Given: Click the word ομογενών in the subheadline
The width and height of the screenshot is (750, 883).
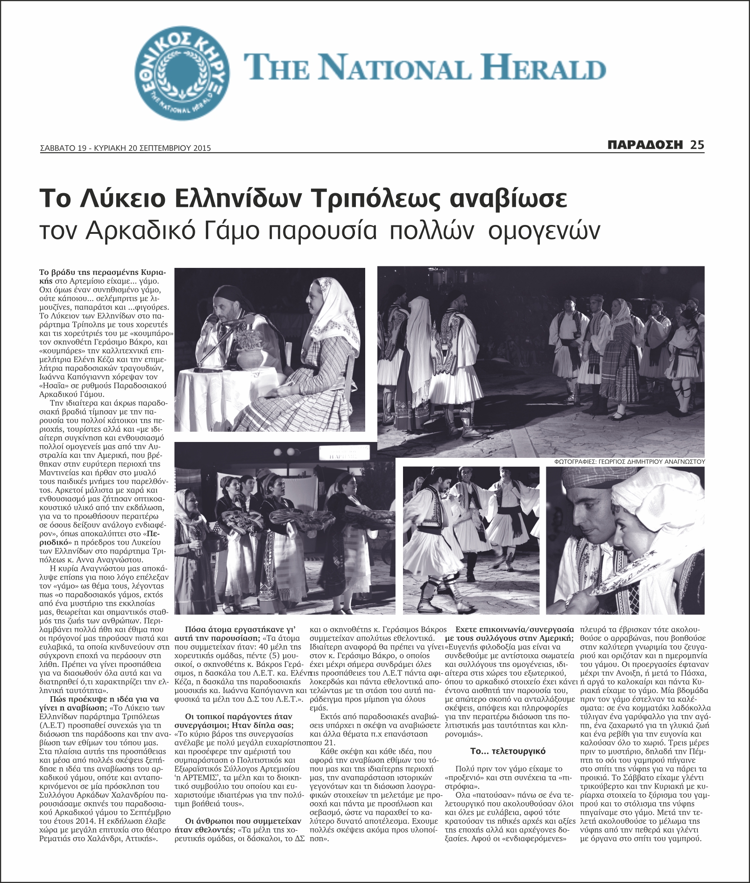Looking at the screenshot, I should (x=543, y=231).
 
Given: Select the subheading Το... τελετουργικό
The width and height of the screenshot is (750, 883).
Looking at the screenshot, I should (x=508, y=751).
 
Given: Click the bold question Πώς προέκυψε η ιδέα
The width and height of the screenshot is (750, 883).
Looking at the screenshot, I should (x=104, y=699).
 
